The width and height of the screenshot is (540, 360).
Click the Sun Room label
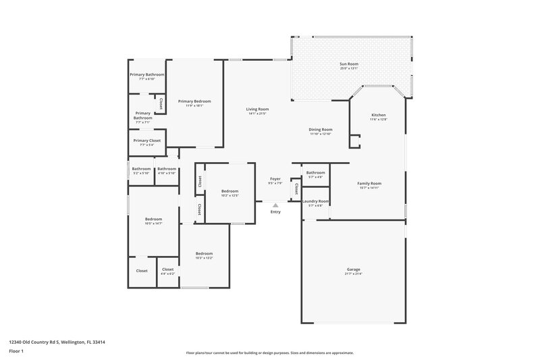348,64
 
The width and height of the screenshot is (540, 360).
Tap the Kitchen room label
378,115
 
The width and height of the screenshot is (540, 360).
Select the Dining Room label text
321,130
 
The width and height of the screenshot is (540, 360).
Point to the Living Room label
257,109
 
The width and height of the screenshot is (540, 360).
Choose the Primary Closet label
146,140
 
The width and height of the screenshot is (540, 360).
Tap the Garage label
354,269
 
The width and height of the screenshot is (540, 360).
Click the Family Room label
369,183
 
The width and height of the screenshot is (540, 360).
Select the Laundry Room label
315,201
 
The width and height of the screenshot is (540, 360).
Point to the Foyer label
275,179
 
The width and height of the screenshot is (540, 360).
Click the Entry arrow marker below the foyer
275,205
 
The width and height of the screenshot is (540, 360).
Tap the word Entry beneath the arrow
275,213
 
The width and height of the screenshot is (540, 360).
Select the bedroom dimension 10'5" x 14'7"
153,223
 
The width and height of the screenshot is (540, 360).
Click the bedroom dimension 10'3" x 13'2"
204,257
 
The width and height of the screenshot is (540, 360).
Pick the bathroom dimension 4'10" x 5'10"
167,173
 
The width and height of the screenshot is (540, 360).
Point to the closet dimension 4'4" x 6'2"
167,274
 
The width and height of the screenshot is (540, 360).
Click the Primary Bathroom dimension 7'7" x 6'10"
146,79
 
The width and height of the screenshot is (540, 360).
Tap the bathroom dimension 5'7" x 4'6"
315,177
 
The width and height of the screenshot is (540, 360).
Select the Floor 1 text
16,351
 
